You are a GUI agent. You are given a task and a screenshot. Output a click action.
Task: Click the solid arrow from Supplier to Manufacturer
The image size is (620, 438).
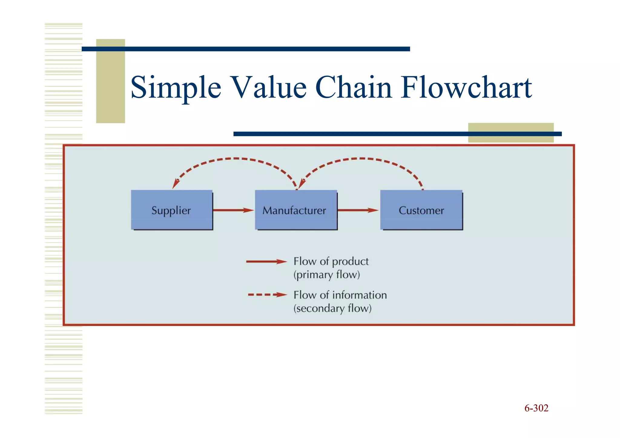(233, 210)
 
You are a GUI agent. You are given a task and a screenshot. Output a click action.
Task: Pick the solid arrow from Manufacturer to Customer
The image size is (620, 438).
(358, 210)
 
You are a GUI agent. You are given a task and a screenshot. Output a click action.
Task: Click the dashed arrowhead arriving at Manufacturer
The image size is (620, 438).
(302, 183)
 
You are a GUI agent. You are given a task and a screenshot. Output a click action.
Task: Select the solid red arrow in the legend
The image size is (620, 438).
(266, 262)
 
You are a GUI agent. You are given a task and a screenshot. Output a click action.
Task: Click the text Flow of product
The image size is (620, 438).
(331, 261)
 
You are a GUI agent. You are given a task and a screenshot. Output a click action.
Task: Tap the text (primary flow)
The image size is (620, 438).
(326, 275)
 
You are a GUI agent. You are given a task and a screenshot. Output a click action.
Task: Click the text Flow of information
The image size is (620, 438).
(340, 295)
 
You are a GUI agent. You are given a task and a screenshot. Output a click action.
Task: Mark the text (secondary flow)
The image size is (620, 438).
(332, 308)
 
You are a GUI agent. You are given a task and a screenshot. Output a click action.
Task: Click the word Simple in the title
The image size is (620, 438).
(176, 88)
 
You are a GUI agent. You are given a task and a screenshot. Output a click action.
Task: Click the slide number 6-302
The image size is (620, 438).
(536, 408)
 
